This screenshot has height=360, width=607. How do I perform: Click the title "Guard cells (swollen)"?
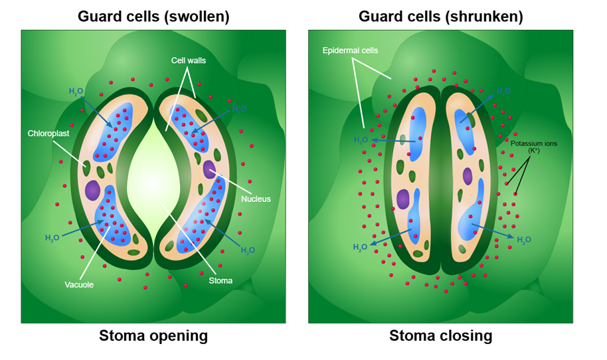click(153, 17)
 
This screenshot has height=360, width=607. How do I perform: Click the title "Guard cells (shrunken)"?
click(440, 17)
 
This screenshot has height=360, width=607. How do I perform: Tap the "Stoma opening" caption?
click(153, 336)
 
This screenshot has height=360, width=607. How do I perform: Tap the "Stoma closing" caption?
click(440, 336)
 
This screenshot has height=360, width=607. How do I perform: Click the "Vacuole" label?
click(78, 284)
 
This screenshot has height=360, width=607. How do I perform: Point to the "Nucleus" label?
click(256, 199)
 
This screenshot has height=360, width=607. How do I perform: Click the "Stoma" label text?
click(220, 280)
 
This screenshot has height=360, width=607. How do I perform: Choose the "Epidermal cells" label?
click(349, 50)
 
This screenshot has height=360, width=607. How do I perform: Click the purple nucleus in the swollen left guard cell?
click(92, 191)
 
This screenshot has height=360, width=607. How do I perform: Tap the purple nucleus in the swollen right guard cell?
click(210, 169)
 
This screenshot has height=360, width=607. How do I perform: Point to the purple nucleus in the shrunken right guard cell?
click(468, 176)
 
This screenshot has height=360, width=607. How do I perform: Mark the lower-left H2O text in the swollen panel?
click(53, 237)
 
